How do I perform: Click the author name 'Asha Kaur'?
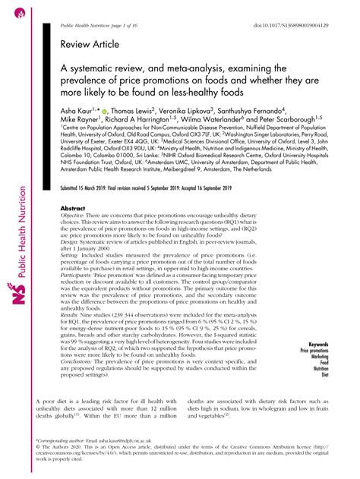coord(77,111)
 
